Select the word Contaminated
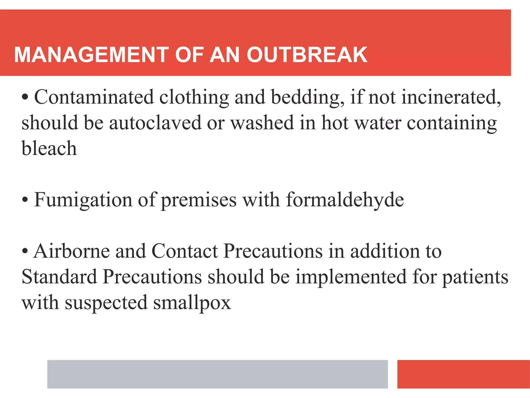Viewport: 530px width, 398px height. [94, 97]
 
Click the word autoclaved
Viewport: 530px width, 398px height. [155, 123]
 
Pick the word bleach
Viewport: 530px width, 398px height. [49, 148]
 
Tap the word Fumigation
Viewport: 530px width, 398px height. [83, 200]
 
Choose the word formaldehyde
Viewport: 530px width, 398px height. [345, 200]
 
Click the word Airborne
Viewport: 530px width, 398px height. [72, 251]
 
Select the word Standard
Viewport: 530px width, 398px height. [59, 277]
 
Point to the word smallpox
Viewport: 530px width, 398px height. [192, 302]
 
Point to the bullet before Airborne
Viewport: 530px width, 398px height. [25, 251]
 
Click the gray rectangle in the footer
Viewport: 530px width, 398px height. [217, 374]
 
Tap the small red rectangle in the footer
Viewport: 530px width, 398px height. [463, 374]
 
